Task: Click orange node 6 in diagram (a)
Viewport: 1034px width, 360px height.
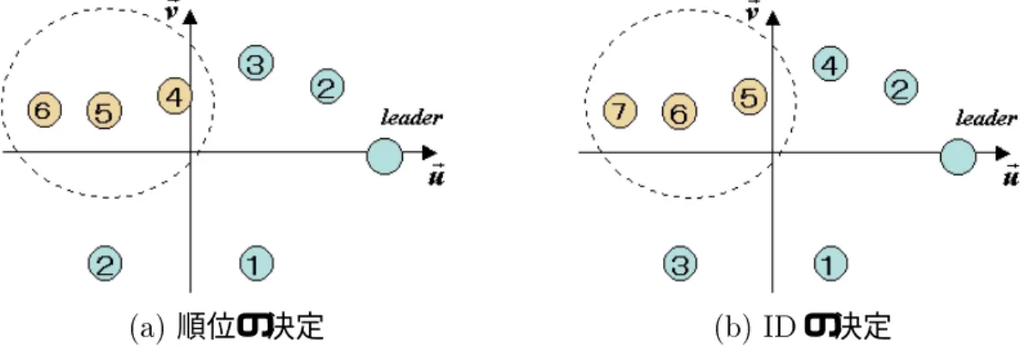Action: coord(45,110)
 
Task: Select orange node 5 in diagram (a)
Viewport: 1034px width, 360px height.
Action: coord(104,111)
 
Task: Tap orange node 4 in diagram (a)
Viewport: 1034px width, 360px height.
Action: coord(174,96)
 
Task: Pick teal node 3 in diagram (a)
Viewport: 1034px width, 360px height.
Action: coord(256,63)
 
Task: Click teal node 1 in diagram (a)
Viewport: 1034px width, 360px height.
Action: coord(256,264)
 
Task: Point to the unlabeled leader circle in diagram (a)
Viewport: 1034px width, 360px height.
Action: coord(385,156)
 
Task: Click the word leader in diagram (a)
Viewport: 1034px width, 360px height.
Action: coord(411,118)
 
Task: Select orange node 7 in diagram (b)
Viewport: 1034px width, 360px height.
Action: coord(620,111)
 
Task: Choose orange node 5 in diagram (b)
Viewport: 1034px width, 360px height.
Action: coord(749,97)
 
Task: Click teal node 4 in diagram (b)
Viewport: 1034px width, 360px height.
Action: coord(830,64)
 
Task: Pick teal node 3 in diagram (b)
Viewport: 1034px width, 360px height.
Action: coord(680,264)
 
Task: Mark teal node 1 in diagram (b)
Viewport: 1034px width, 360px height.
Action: coord(830,264)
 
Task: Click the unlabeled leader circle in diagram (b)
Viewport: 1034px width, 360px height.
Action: coord(958,157)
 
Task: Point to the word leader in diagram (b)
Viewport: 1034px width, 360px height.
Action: coord(986,119)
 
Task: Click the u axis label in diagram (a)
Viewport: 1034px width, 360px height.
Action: coord(436,174)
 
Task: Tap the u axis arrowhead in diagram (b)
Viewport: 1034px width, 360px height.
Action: coord(1003,153)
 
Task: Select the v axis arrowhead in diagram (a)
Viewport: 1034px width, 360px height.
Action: coord(190,17)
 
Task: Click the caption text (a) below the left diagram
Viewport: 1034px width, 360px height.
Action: coord(147,327)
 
